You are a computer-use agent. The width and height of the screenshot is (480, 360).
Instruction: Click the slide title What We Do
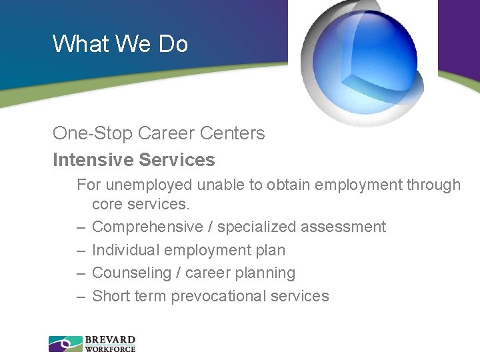[120, 44]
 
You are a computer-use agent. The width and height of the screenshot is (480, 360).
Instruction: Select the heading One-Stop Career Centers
[159, 133]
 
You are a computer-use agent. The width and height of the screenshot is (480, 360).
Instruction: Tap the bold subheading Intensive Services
[134, 160]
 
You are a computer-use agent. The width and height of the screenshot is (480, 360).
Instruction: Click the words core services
[141, 203]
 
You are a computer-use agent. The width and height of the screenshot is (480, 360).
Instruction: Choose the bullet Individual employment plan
[189, 251]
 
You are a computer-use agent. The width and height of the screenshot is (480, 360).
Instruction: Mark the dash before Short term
[81, 297]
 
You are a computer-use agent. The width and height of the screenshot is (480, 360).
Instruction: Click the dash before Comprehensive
[81, 227]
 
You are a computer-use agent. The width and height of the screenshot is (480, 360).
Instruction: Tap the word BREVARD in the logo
[110, 339]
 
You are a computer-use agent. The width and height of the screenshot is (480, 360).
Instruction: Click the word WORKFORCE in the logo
[110, 349]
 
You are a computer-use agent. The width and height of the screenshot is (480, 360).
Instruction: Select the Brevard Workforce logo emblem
[65, 344]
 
